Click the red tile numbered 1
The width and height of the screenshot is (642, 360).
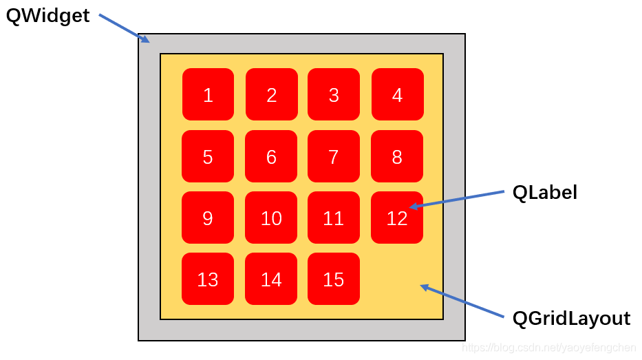coord(208,94)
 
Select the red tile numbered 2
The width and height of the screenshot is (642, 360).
coord(272,94)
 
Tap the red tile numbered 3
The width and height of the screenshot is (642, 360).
coord(334,94)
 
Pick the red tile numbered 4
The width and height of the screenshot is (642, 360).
coord(398,94)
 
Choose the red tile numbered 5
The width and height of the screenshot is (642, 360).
coord(208,156)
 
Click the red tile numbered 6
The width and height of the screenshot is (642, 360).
coord(271,156)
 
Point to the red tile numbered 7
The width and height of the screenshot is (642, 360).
coord(334,156)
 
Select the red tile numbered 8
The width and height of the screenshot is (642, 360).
coord(397,156)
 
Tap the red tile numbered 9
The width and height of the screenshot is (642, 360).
coord(208,218)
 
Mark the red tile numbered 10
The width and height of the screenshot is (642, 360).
coord(271,218)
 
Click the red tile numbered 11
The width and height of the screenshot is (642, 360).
coord(334,218)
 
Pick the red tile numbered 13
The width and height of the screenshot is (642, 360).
coord(208,279)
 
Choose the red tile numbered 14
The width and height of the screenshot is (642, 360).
coord(271,279)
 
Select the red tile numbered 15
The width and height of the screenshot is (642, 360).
coord(334,279)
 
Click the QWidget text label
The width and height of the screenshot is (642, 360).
coord(47,17)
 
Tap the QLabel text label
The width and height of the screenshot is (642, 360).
coord(544,193)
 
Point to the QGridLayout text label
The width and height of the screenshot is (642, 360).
coord(571,319)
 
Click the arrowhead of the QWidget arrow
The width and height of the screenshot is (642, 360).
coord(146,40)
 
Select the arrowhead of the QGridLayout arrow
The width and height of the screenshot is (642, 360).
coord(424,287)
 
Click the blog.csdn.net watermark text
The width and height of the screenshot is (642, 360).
coord(548,348)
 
